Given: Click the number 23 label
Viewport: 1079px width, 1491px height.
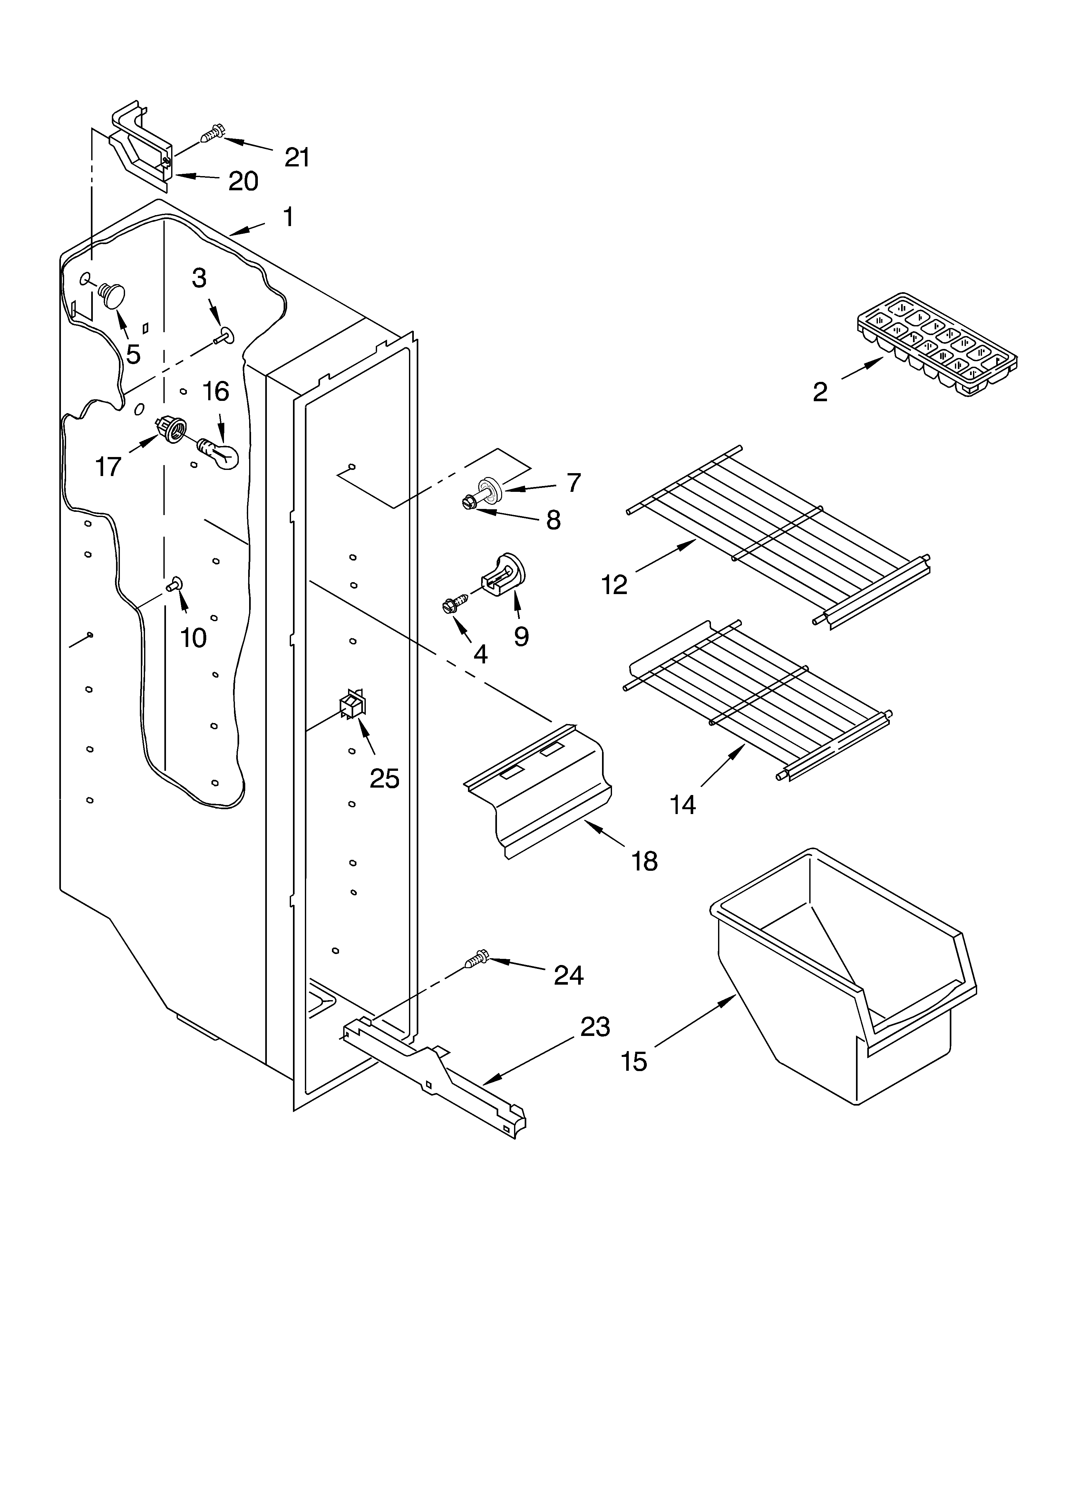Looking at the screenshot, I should point(595,1027).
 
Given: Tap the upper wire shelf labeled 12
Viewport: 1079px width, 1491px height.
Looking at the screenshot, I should point(779,536).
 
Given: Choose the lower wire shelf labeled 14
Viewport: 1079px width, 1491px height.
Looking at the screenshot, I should point(756,700).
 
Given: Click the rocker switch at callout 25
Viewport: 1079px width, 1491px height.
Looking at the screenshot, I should point(352,705).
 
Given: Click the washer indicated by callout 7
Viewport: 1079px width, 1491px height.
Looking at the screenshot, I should point(493,489).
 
